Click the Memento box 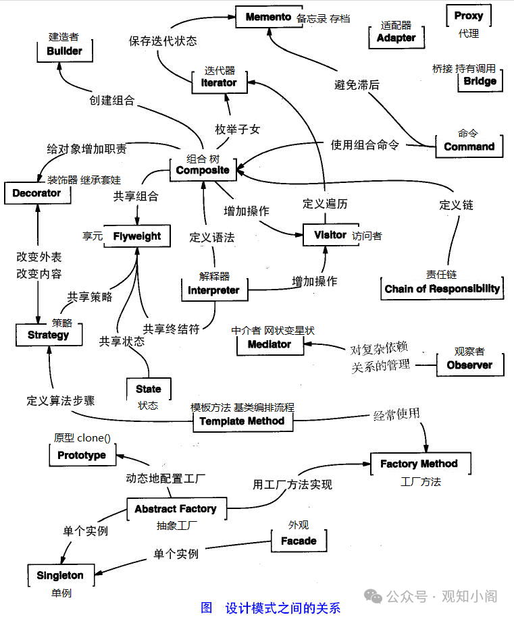[x=268, y=17]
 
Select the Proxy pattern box [x=468, y=16]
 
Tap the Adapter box [x=396, y=38]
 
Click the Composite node [x=203, y=170]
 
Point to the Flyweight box [x=136, y=236]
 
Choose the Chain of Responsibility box [x=442, y=289]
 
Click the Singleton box [x=60, y=576]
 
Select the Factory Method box [x=419, y=464]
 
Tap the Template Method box [x=242, y=421]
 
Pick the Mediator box [x=269, y=344]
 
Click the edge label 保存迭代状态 [x=163, y=41]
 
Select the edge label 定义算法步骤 [x=61, y=400]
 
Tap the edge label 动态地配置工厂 [x=165, y=479]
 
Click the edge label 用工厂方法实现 [x=292, y=484]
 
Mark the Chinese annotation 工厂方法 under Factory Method [x=420, y=482]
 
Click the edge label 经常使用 [x=396, y=413]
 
